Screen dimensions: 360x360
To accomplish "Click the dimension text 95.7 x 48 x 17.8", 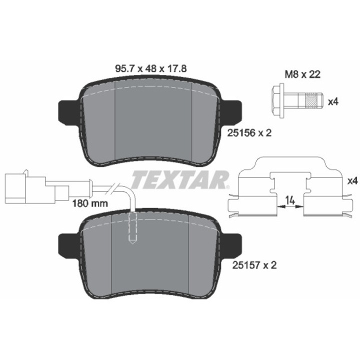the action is [x=150, y=68].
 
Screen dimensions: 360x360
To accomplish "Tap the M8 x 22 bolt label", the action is [x=302, y=74].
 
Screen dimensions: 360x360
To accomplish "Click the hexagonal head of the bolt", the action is [x=278, y=101].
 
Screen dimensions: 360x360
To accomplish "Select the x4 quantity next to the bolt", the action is [x=333, y=101].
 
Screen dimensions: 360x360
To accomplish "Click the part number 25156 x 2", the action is [x=249, y=132].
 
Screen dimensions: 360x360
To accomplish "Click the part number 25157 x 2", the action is [x=254, y=265].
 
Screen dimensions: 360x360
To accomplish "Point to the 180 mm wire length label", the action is [x=90, y=203].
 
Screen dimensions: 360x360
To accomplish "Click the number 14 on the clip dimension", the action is [x=290, y=200].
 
